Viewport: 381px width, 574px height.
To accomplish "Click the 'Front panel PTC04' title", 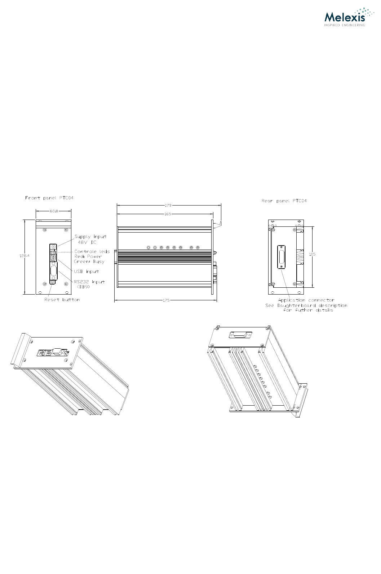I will pos(49,198).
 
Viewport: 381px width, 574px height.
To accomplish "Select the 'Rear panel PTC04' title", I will pos(284,201).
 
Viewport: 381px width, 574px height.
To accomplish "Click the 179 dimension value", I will pos(168,206).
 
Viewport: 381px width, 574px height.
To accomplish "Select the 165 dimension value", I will pos(168,214).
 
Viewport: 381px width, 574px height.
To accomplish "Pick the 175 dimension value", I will pos(166,300).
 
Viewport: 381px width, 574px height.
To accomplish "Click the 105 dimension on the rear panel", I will pos(312,254).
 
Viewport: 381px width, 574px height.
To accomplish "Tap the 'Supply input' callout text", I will pos(90,237).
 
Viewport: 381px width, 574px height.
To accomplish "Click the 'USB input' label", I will pos(86,271).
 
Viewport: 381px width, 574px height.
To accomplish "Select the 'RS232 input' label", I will pos(89,282).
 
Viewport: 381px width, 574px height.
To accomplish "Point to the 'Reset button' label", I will pos(62,300).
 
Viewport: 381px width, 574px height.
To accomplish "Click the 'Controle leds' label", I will pos(92,252).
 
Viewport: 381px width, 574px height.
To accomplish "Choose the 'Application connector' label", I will pos(306,300).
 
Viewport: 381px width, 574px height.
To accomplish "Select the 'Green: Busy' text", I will pos(89,261).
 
